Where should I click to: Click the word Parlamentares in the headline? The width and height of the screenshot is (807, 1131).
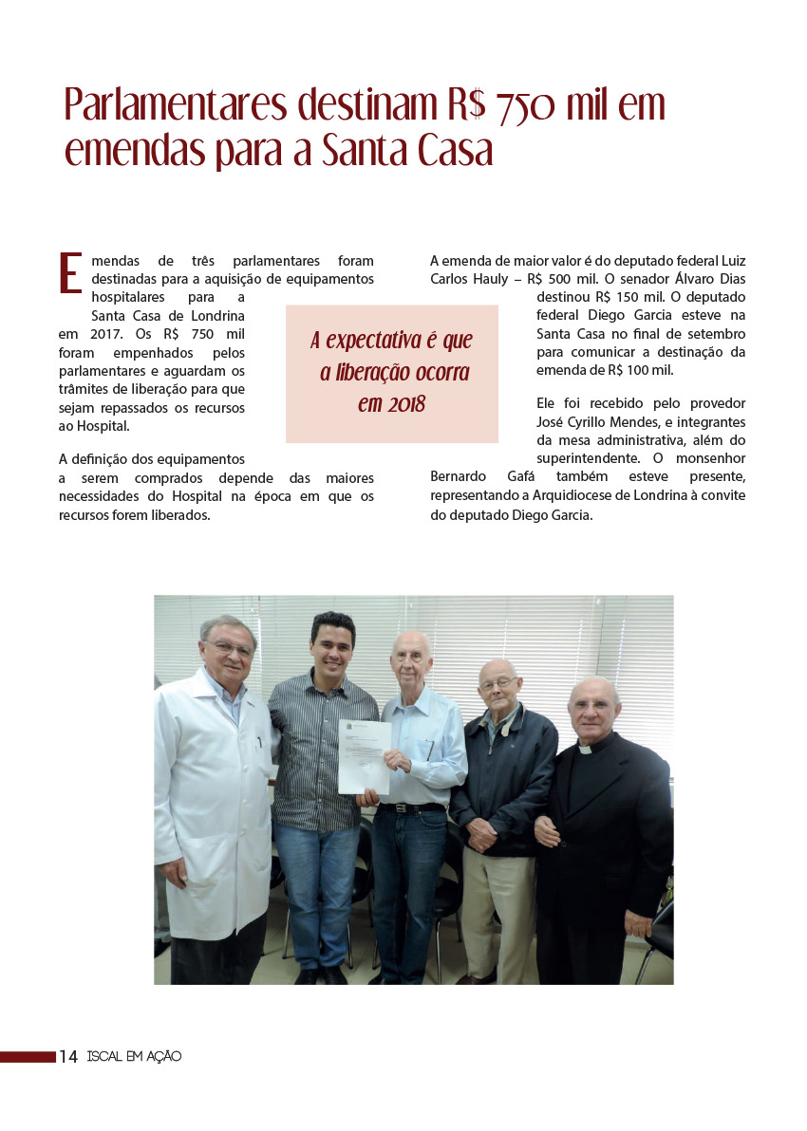(x=176, y=106)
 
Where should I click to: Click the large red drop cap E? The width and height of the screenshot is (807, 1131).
(x=70, y=272)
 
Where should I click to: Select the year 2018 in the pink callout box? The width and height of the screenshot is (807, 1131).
(x=391, y=404)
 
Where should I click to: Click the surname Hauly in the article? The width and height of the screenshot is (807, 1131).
(x=486, y=279)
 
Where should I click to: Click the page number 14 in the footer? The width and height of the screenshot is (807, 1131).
(x=68, y=1057)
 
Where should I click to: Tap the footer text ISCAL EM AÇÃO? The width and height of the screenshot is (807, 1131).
(x=134, y=1057)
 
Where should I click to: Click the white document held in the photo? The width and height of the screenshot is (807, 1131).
(x=365, y=756)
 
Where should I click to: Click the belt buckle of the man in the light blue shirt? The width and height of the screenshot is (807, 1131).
(x=402, y=807)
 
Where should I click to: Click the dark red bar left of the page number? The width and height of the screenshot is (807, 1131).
(x=28, y=1057)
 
